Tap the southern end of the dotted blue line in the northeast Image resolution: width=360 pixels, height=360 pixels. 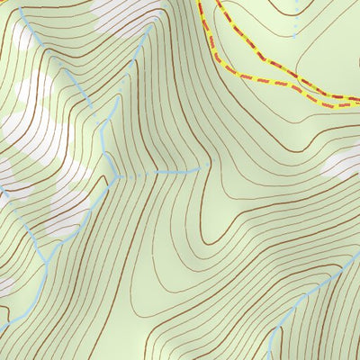point(294,34)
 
